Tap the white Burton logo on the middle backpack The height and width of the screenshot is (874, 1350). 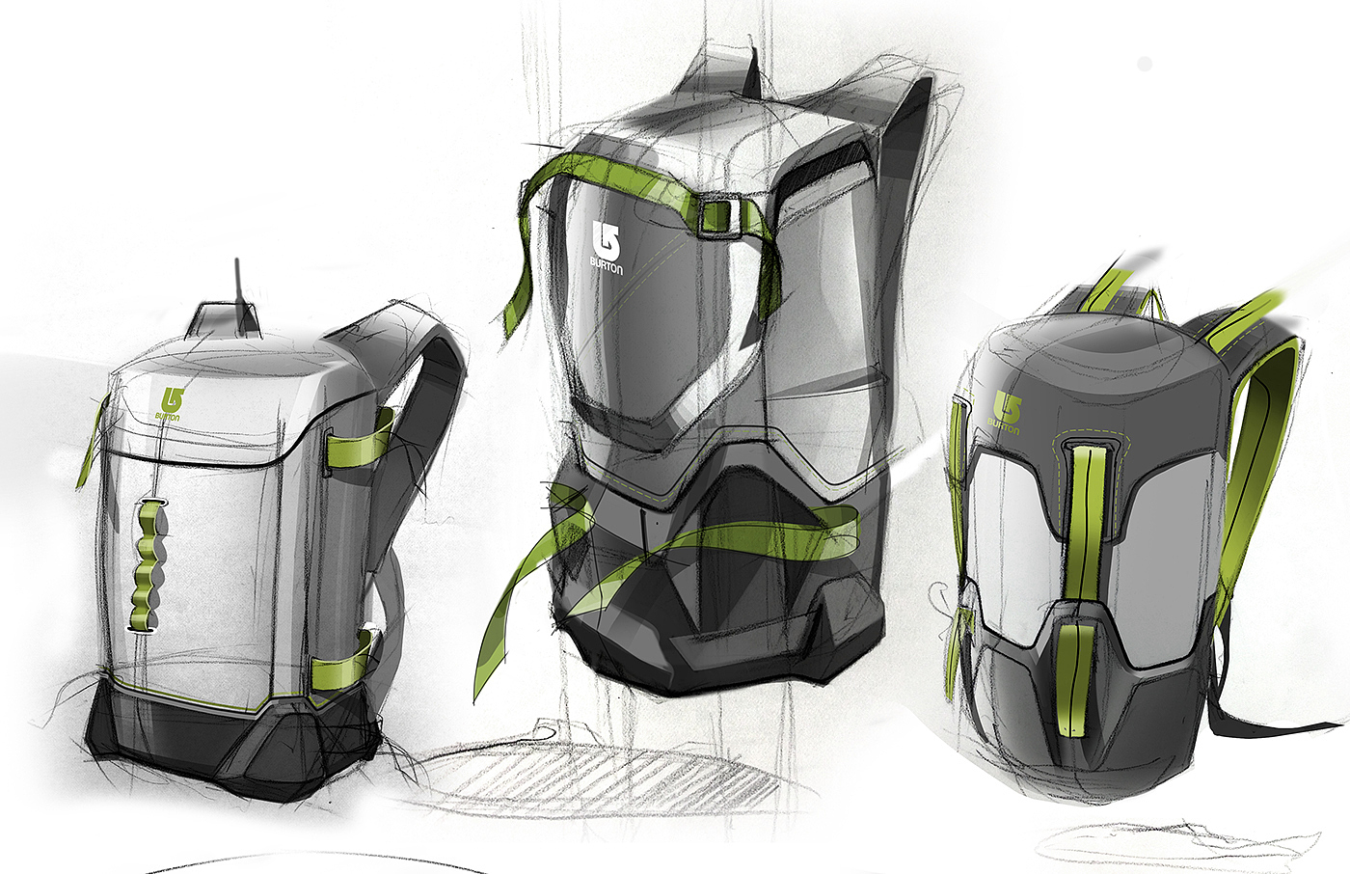tap(607, 248)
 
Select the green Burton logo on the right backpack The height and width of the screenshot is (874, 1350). tap(1005, 412)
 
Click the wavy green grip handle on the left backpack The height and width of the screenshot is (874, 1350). tap(146, 565)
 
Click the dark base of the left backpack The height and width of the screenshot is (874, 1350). tap(235, 748)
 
